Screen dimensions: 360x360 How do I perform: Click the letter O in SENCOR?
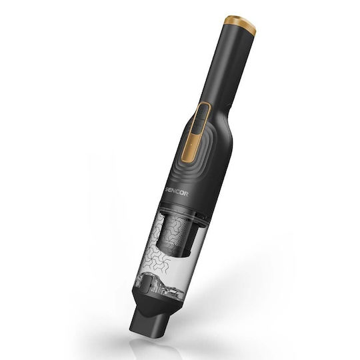(x=183, y=194)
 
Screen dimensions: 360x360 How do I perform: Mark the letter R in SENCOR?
(x=187, y=194)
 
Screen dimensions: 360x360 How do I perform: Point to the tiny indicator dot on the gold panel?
(x=190, y=145)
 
